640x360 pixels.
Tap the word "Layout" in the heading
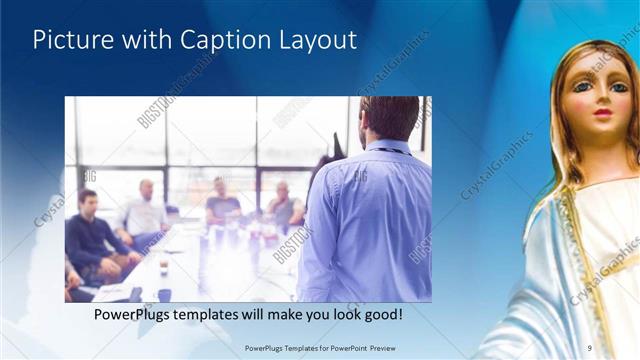click(315, 40)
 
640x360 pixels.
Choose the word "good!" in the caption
click(381, 315)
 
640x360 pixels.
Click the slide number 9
click(591, 347)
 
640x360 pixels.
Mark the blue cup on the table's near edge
click(163, 294)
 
